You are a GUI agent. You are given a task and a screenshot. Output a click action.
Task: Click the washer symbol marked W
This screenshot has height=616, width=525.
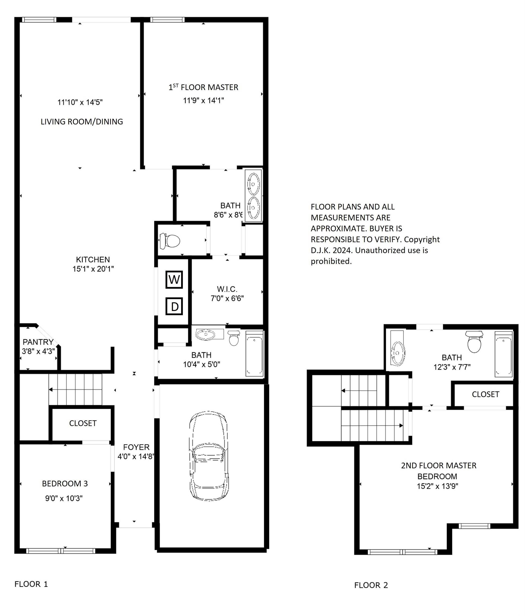coord(174,279)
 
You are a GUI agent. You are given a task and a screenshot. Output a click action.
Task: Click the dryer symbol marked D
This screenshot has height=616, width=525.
coord(174,306)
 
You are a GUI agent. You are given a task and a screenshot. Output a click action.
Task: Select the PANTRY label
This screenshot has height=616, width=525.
coord(38,342)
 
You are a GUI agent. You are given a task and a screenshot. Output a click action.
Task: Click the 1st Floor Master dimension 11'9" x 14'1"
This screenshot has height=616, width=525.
coord(203,101)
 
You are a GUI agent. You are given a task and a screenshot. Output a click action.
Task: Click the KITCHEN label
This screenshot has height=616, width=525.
coord(93,260)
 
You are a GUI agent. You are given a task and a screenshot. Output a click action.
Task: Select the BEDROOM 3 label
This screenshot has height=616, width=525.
coord(65,484)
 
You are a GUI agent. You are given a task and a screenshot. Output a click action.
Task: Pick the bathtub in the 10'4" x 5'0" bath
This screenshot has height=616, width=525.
coord(254,354)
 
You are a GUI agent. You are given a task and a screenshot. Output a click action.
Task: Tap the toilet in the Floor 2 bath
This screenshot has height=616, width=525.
coord(474,342)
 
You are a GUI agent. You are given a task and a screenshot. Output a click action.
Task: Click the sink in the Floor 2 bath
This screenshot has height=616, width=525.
coord(397,353)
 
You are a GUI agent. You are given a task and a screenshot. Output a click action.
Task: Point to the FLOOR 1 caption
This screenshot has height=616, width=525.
coord(31,584)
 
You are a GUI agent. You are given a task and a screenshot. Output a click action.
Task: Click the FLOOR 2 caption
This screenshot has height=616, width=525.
coord(371,585)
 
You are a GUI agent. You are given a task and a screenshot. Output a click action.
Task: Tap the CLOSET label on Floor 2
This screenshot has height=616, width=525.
coord(485,394)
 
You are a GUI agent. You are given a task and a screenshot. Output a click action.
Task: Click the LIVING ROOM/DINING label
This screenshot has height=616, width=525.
coord(82,122)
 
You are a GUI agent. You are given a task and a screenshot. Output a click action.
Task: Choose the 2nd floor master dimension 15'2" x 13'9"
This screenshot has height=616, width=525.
coord(437,486)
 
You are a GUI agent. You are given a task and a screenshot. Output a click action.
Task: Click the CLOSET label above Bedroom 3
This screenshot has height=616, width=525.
coord(83,423)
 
